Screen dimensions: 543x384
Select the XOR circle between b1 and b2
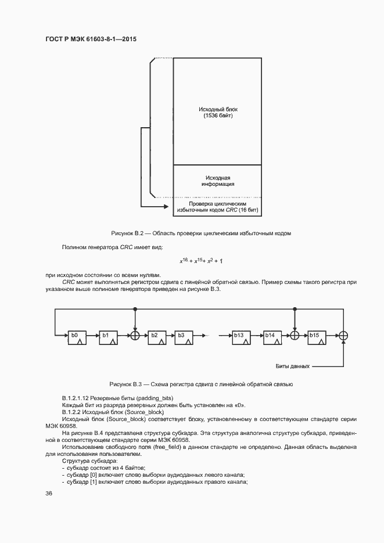pyautogui.click(x=135, y=336)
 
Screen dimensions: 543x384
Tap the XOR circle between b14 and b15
pyautogui.click(x=295, y=336)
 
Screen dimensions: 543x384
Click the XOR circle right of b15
pyautogui.click(x=343, y=336)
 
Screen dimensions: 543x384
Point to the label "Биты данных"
pyautogui.click(x=292, y=367)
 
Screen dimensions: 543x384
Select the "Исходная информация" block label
pyautogui.click(x=218, y=181)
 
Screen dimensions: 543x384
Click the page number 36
pyautogui.click(x=49, y=492)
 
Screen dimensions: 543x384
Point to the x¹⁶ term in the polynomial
pyautogui.click(x=185, y=262)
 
